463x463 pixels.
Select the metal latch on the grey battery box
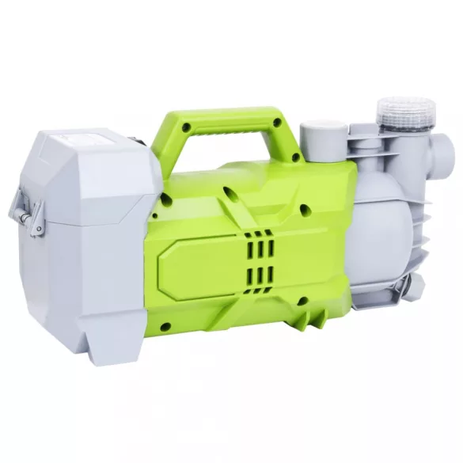[x=24, y=211]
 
